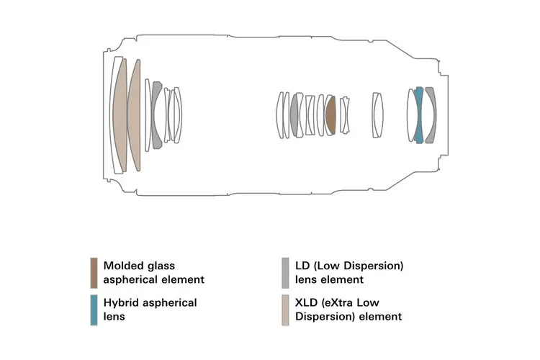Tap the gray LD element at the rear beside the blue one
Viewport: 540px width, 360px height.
431,115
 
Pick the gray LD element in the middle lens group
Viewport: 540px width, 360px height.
294,115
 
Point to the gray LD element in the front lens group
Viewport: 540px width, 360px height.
156,115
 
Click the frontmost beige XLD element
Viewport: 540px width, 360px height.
120,115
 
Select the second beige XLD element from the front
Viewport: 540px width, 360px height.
135,115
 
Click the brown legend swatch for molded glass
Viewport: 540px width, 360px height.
94,272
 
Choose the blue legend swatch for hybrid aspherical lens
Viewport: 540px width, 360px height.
94,310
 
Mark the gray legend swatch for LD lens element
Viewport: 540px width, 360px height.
286,272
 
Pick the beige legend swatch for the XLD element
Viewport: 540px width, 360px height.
286,310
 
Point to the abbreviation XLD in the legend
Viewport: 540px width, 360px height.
307,303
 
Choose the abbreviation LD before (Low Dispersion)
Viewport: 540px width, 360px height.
302,266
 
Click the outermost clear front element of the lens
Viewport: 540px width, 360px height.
114,115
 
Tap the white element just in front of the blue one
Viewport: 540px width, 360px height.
412,115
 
